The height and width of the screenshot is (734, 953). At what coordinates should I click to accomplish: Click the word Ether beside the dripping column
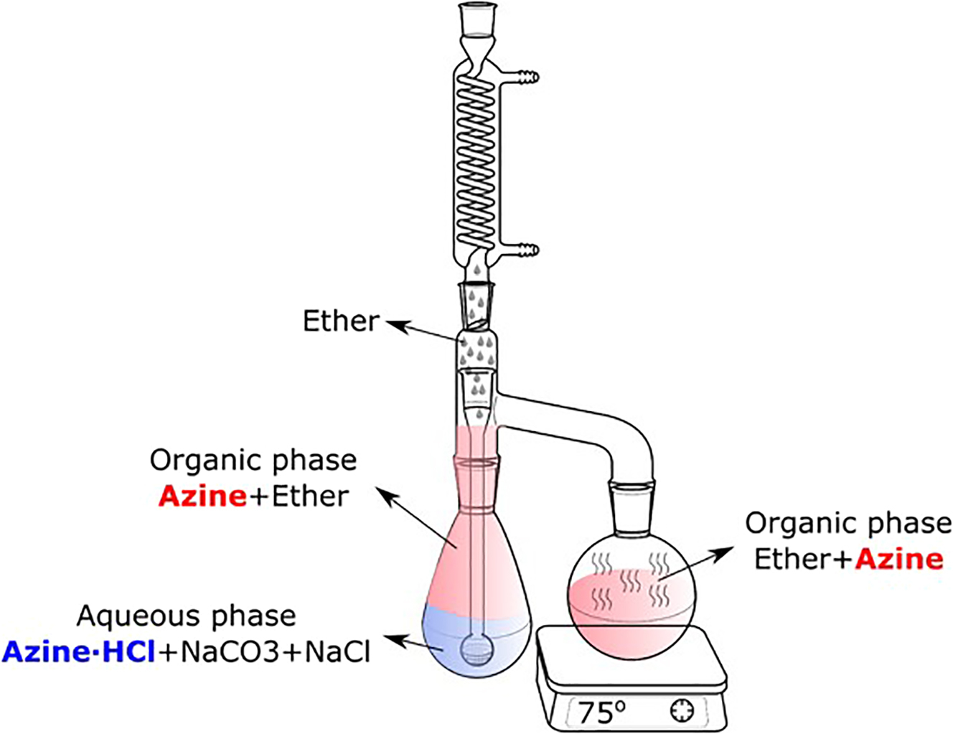(340, 321)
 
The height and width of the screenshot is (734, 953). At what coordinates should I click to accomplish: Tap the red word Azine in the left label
(202, 497)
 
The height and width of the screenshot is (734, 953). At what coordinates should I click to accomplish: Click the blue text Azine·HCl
(78, 651)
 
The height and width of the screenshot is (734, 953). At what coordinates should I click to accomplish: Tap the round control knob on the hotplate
(682, 711)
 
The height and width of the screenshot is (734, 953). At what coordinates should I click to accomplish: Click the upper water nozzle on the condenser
(527, 76)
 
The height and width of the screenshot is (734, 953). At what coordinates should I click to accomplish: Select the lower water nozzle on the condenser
(527, 250)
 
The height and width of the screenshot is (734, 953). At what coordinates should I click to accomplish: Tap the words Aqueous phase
(187, 616)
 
